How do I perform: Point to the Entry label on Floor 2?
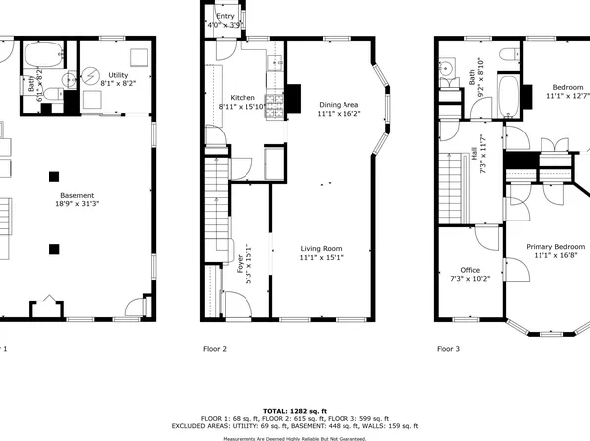click(x=225, y=17)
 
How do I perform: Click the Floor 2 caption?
click(x=215, y=349)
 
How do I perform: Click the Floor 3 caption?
click(x=449, y=349)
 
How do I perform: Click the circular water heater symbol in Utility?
click(x=90, y=74)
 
